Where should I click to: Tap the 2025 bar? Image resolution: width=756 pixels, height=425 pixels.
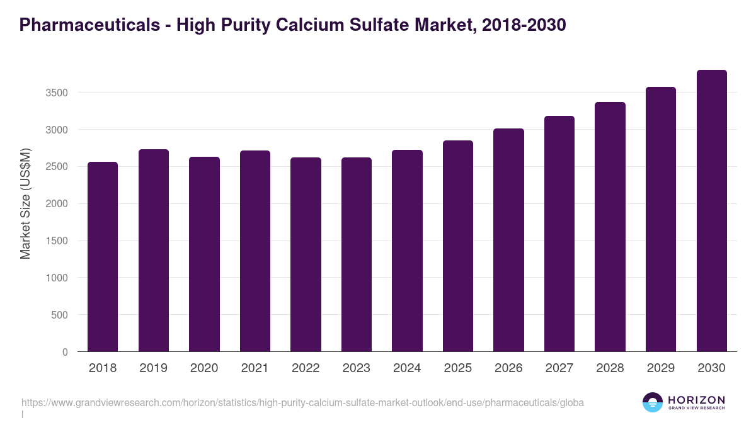coord(458,246)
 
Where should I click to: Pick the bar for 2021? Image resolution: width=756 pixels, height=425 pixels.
coord(255,251)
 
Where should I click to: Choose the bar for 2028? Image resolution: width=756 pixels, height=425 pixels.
coord(610,227)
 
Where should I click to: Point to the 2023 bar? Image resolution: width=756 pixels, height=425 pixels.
coord(357,254)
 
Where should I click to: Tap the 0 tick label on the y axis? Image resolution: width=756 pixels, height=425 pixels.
coord(64,352)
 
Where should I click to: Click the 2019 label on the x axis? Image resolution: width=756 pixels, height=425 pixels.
coord(154,368)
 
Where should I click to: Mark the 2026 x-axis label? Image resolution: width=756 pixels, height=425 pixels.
coord(508,368)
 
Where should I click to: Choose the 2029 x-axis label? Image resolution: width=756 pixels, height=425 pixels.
coord(661,368)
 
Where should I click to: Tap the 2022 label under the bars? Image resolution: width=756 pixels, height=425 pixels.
coord(306,368)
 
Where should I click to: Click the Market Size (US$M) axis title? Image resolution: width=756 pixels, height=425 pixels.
coord(25,204)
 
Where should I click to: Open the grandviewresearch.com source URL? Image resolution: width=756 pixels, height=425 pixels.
coord(303,402)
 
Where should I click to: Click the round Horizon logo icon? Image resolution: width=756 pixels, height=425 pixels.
coord(653,402)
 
